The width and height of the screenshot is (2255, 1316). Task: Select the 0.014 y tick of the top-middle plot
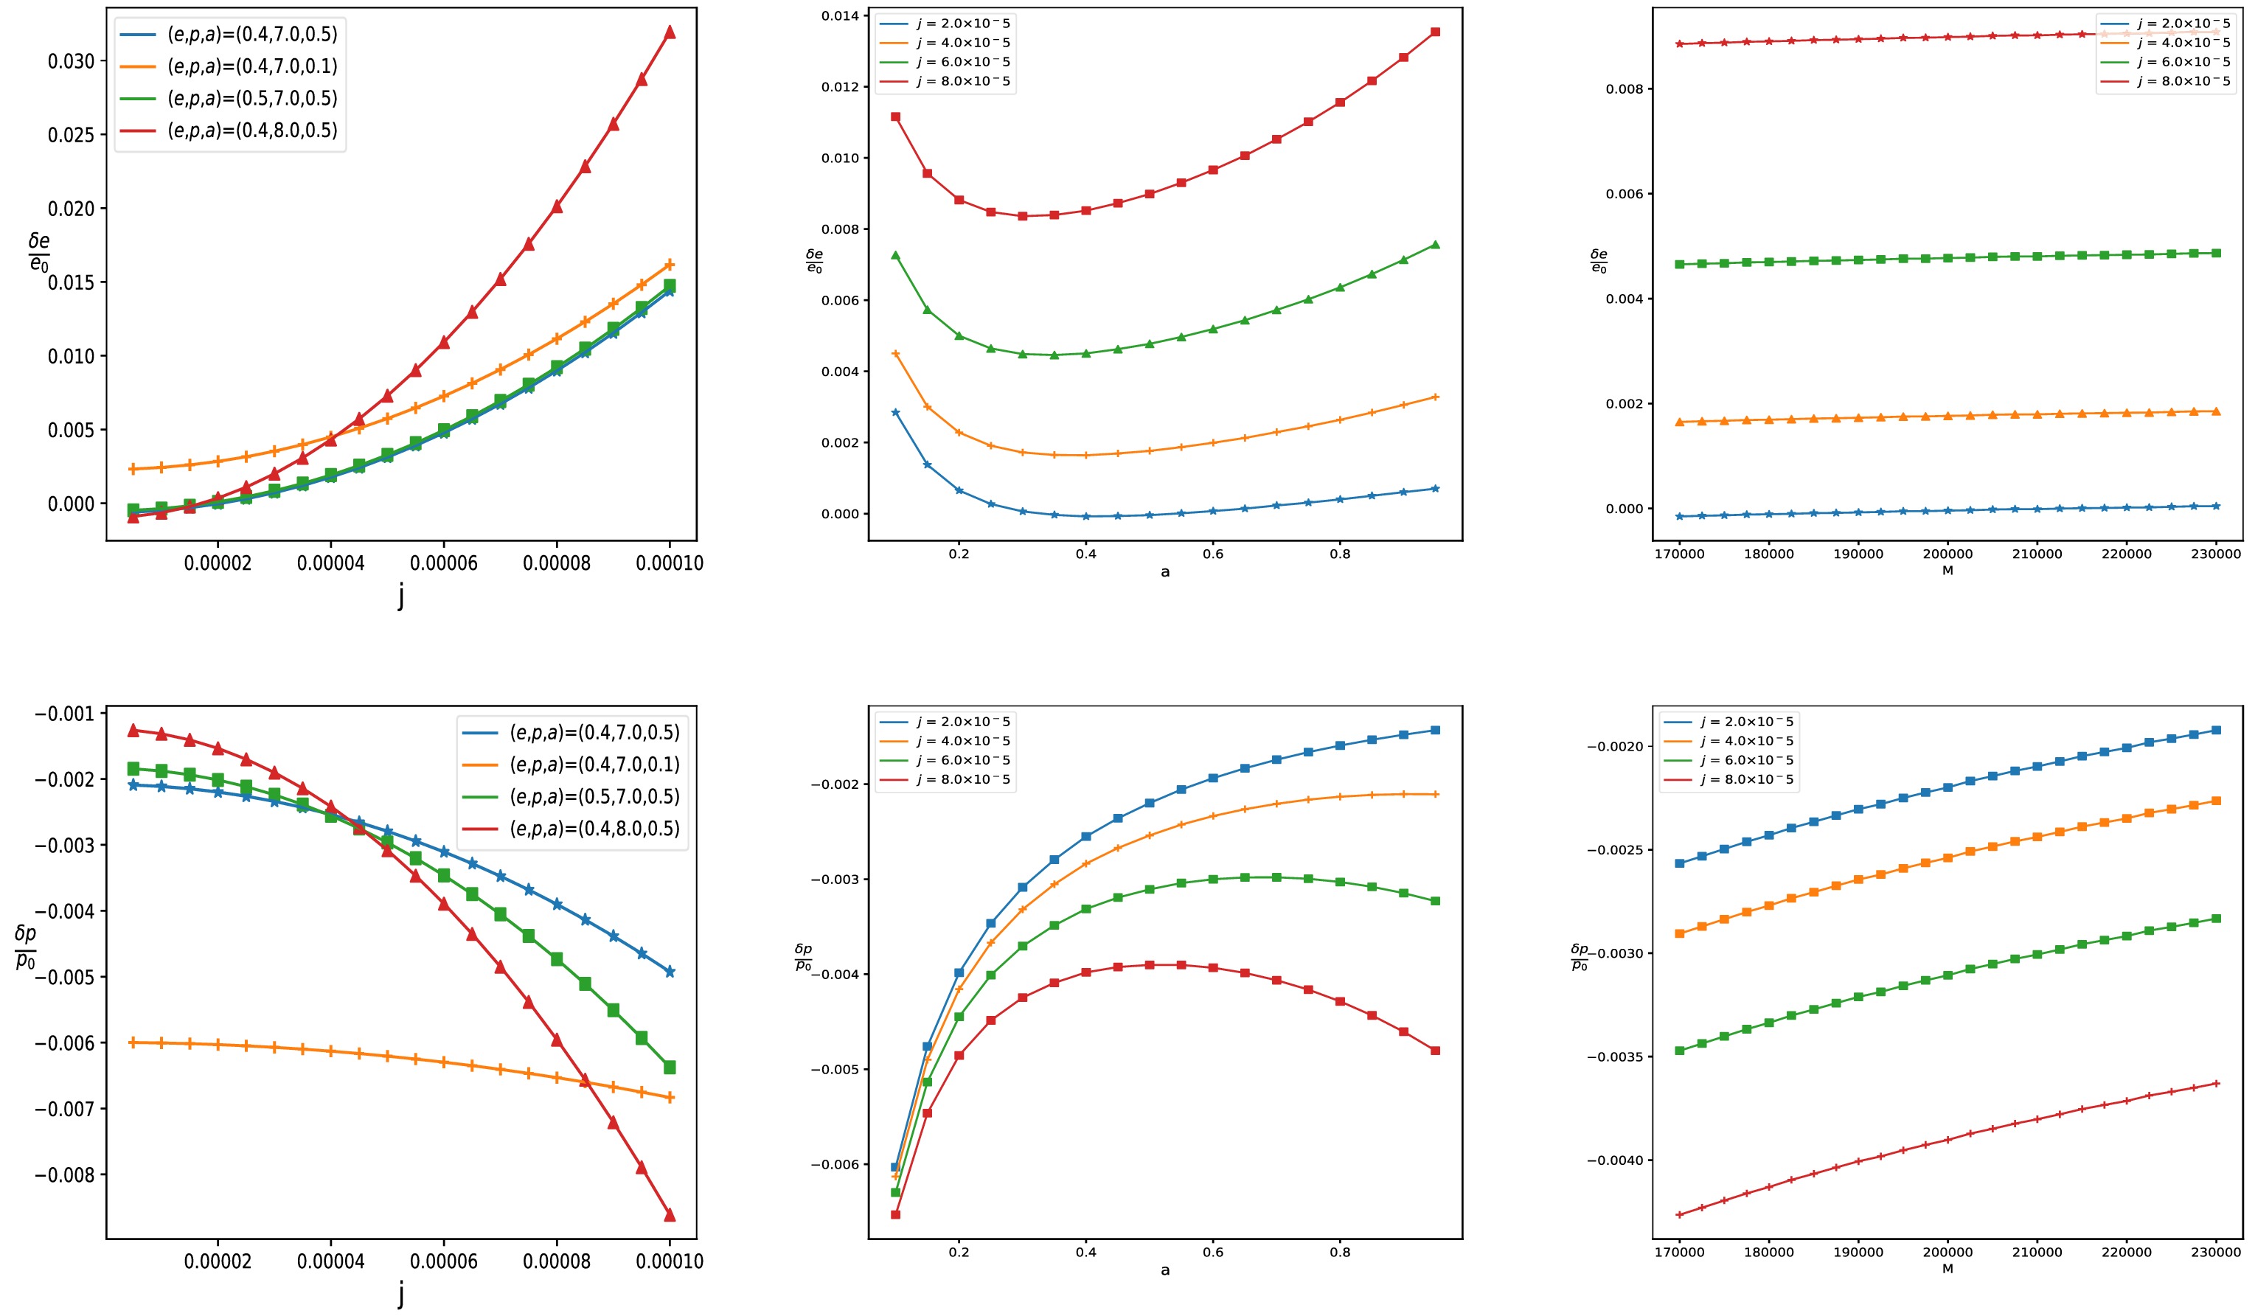838,16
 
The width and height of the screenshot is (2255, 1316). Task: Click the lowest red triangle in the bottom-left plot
670,1215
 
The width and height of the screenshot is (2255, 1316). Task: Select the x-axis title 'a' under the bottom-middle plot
1165,1270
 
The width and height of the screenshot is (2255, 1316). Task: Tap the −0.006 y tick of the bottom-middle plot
834,1165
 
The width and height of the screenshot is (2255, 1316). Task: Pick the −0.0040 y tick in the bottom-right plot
1615,1160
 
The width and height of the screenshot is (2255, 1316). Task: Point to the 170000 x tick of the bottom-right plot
1680,1253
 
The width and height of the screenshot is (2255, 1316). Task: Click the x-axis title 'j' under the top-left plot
401,596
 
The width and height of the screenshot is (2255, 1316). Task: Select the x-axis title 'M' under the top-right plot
1947,571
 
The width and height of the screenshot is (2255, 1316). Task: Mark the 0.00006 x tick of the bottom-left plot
444,1261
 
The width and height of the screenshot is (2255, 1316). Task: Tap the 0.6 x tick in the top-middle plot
1212,554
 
